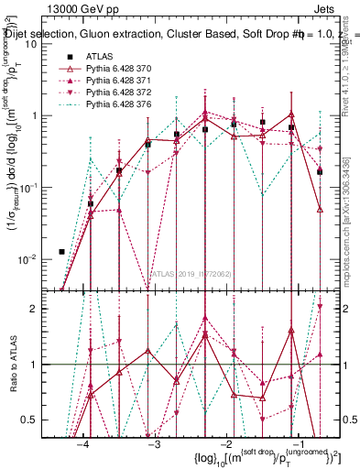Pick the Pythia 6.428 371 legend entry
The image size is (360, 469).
120,82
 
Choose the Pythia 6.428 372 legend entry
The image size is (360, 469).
120,94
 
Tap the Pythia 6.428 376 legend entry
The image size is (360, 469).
120,106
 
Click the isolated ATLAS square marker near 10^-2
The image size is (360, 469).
61,251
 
